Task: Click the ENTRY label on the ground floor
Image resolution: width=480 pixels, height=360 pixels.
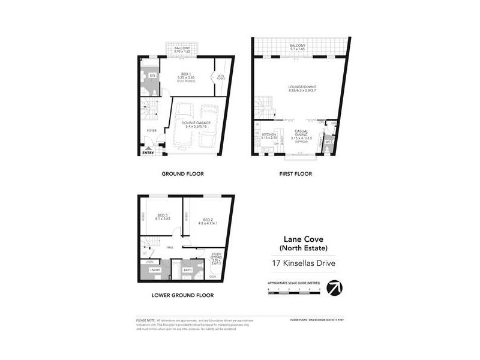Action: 148,152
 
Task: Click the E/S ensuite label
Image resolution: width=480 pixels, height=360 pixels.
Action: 153,76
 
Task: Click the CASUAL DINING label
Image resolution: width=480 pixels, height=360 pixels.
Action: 301,134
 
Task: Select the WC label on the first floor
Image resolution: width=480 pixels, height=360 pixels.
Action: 329,142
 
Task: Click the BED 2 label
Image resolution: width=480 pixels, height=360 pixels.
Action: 208,220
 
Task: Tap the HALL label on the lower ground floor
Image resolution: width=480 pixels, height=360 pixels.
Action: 170,247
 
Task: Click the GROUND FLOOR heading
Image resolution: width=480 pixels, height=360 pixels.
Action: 182,174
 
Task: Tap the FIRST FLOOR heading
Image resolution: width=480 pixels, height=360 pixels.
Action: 295,174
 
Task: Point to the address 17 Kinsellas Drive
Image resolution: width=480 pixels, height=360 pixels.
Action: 296,262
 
